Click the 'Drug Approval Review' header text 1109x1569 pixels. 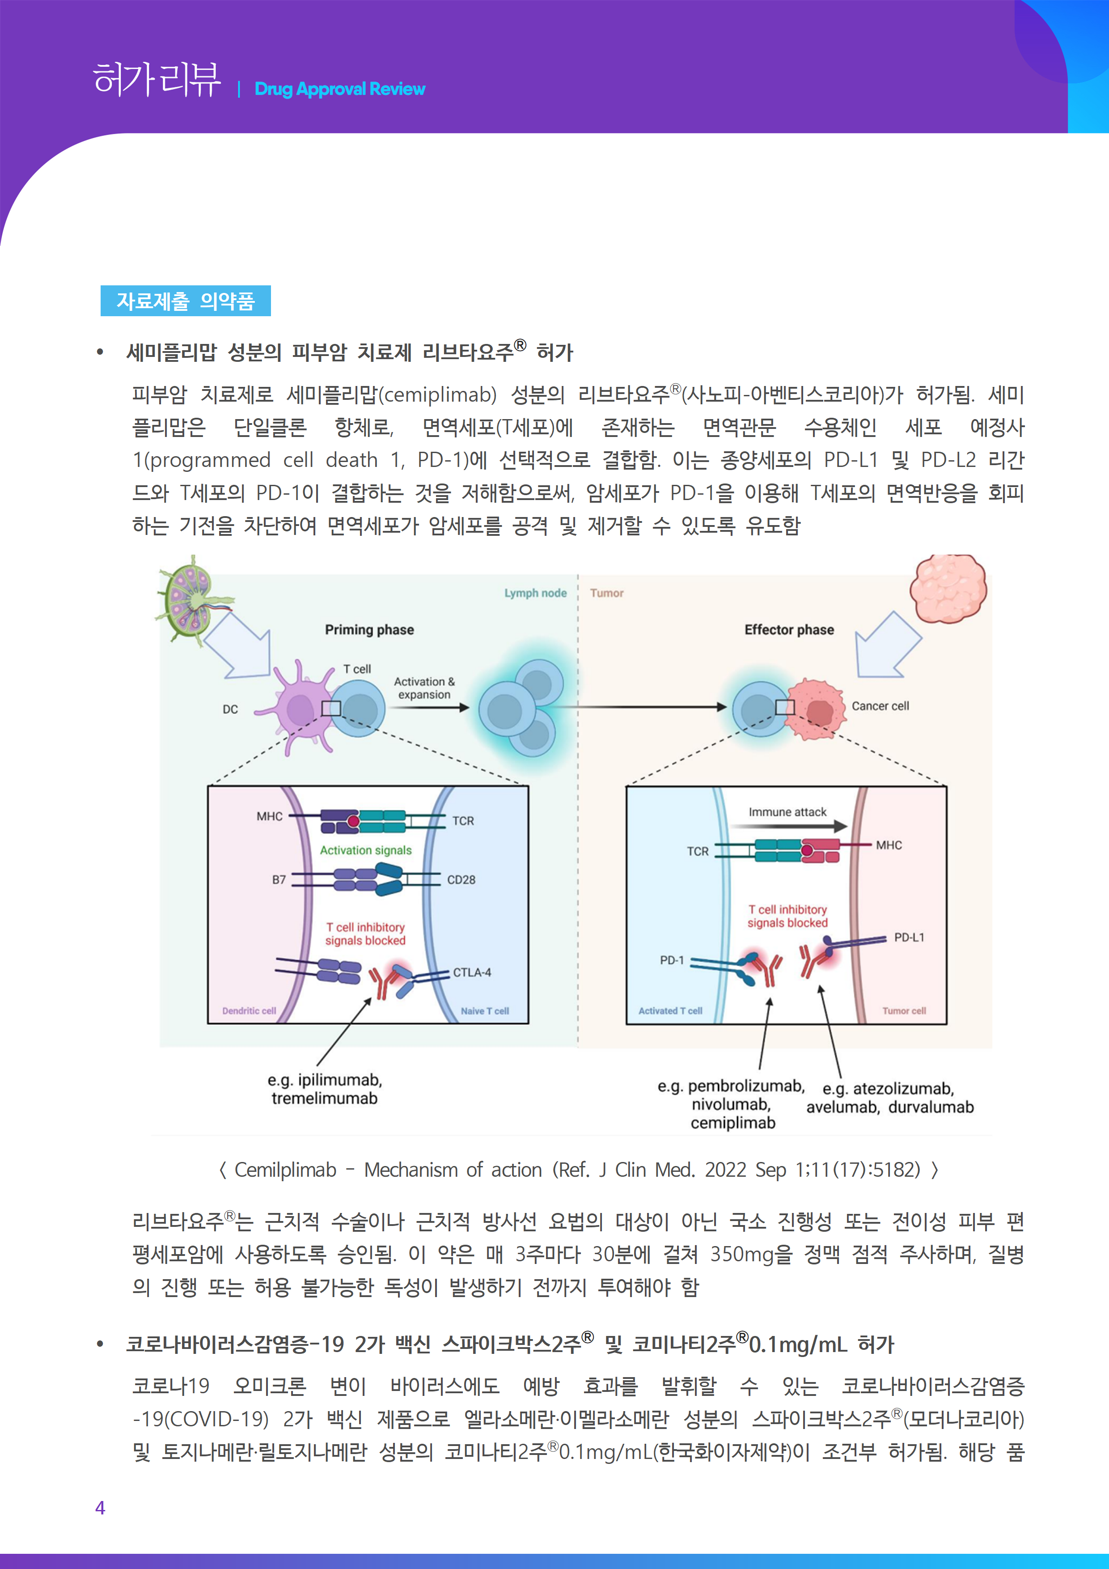pyautogui.click(x=339, y=89)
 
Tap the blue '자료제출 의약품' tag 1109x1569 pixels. pyautogui.click(x=185, y=301)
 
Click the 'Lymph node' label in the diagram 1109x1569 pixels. pyautogui.click(x=535, y=593)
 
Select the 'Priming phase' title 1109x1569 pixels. pyautogui.click(x=369, y=629)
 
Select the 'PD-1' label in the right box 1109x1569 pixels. pyautogui.click(x=672, y=960)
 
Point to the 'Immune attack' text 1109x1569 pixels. pyautogui.click(x=787, y=812)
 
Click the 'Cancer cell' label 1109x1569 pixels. pyautogui.click(x=880, y=706)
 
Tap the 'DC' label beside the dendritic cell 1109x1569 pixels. pyautogui.click(x=230, y=709)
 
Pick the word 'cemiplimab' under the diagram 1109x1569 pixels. pyautogui.click(x=732, y=1123)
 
